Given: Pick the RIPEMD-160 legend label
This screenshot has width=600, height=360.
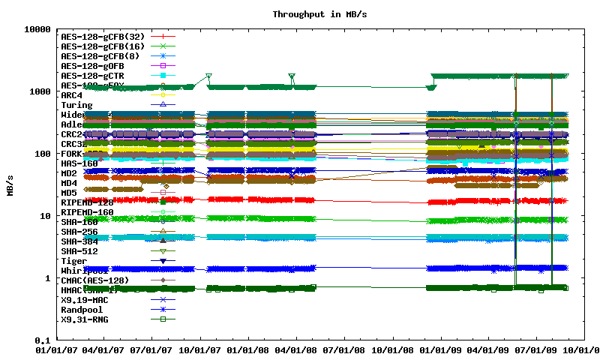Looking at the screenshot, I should [87, 212].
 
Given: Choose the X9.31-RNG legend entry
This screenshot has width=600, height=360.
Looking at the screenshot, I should [84, 319].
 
